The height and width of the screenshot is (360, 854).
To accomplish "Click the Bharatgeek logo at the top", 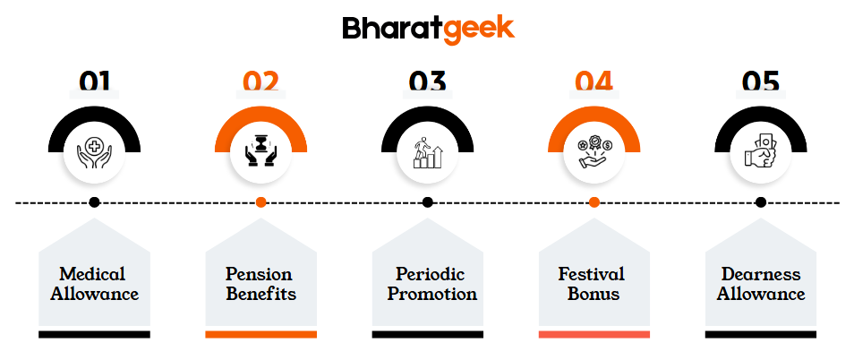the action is pos(428,29).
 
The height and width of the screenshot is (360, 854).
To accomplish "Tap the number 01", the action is pos(94,81).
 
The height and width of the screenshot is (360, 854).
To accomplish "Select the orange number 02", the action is pos(260,81).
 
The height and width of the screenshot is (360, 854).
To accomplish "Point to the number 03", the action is pos(428,81).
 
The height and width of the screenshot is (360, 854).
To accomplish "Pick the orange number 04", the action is pos(594,81).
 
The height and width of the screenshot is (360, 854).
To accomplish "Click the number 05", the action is pos(761,81).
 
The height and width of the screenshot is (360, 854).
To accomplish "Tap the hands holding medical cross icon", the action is pos(94,153).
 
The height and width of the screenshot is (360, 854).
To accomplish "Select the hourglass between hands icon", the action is pos(260,152).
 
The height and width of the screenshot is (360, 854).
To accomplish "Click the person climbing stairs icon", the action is pos(428,152).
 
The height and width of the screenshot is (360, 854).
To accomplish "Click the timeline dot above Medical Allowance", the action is pos(94,202).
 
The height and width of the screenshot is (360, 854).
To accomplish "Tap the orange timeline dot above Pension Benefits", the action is pos(260,202).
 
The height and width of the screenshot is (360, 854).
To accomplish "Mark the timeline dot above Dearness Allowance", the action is pos(761,202).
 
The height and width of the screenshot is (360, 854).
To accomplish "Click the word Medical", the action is pos(92,273).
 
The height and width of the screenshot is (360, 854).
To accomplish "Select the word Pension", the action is pos(259,273).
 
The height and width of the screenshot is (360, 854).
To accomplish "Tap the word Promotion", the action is pos(431,294).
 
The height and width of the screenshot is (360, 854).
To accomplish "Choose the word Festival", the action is pos(591,273).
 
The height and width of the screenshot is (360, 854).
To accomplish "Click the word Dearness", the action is pos(761,273).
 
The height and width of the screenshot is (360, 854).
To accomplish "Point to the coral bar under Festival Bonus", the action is pos(594,334).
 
